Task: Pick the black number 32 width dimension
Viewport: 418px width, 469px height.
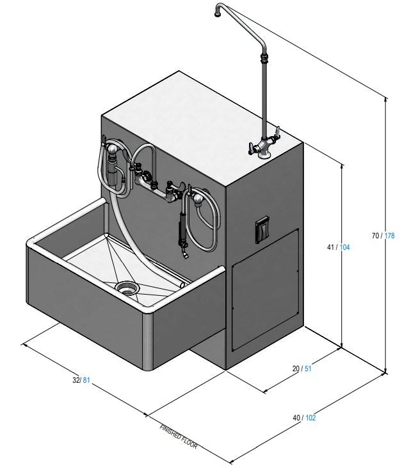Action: pos(76,381)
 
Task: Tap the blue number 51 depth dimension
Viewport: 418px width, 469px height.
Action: pos(307,368)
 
